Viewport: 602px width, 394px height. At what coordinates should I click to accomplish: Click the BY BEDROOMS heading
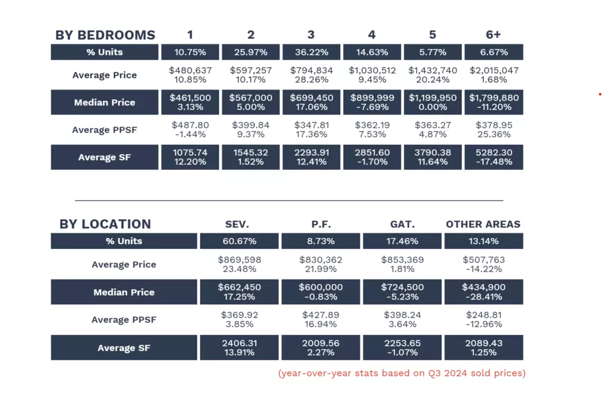(x=105, y=35)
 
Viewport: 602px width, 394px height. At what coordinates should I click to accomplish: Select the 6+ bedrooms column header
(x=494, y=35)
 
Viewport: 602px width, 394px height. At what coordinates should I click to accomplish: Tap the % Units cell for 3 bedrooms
(x=312, y=52)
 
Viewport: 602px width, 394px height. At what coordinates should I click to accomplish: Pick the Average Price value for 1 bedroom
(x=191, y=75)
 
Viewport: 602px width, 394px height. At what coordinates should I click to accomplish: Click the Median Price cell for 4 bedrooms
(x=373, y=102)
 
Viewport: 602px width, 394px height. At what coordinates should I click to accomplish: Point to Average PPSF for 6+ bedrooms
(x=494, y=130)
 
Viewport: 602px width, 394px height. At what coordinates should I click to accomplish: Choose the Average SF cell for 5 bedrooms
(x=433, y=157)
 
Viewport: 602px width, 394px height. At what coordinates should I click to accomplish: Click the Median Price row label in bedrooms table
(x=105, y=102)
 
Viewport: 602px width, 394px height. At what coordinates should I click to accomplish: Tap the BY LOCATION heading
(x=105, y=224)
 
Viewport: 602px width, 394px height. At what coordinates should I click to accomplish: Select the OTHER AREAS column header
(x=483, y=224)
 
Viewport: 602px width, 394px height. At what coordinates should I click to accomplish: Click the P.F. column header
(x=321, y=224)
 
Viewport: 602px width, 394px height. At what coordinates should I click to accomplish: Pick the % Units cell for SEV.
(x=240, y=241)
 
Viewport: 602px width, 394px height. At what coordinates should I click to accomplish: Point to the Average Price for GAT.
(x=403, y=264)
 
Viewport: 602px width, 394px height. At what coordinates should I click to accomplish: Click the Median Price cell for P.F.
(x=321, y=292)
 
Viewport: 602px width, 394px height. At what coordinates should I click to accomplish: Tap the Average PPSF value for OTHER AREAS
(x=483, y=320)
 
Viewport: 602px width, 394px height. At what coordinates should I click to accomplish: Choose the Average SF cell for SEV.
(x=240, y=348)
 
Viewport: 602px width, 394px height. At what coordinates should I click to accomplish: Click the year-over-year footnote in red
(x=402, y=373)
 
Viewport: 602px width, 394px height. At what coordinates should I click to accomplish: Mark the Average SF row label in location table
(x=124, y=348)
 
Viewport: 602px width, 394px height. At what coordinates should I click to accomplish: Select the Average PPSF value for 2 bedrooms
(x=251, y=130)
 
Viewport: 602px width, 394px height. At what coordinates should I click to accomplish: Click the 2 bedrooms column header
(x=251, y=35)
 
